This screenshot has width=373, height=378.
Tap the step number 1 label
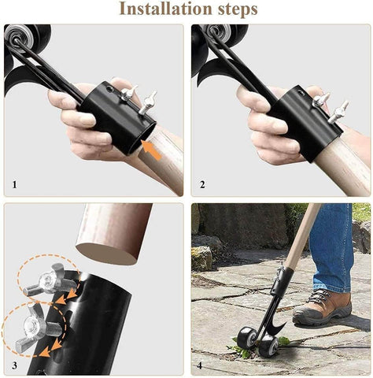[14, 186]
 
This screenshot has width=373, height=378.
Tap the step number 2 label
[202, 186]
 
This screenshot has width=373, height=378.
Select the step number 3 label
[14, 366]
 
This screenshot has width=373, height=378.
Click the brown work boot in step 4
[322, 308]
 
